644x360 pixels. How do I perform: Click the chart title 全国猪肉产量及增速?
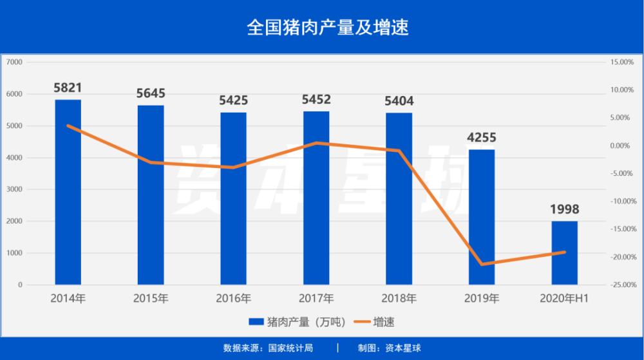click(x=328, y=28)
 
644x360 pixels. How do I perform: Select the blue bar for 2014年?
click(x=68, y=192)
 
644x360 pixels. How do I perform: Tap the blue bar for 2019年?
click(x=482, y=217)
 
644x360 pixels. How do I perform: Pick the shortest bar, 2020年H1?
click(x=564, y=253)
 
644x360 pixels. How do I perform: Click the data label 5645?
click(x=151, y=93)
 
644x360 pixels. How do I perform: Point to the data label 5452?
click(x=316, y=99)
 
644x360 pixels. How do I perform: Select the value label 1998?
click(x=564, y=209)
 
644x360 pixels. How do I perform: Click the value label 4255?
click(x=482, y=138)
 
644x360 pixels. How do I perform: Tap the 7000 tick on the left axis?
click(x=14, y=62)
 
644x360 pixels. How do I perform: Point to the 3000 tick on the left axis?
click(x=14, y=189)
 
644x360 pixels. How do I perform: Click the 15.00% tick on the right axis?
click(x=622, y=62)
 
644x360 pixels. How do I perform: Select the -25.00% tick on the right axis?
click(x=622, y=285)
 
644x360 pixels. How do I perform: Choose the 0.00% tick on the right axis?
click(x=620, y=146)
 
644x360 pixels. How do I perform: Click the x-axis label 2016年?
click(x=234, y=298)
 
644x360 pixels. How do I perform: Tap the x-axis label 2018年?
click(x=399, y=298)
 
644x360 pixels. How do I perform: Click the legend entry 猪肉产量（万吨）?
click(x=296, y=322)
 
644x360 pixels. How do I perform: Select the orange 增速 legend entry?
click(x=374, y=322)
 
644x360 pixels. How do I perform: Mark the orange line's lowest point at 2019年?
click(x=482, y=264)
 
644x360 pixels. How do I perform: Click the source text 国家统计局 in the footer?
click(x=290, y=348)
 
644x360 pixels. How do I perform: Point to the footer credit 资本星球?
click(x=403, y=348)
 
